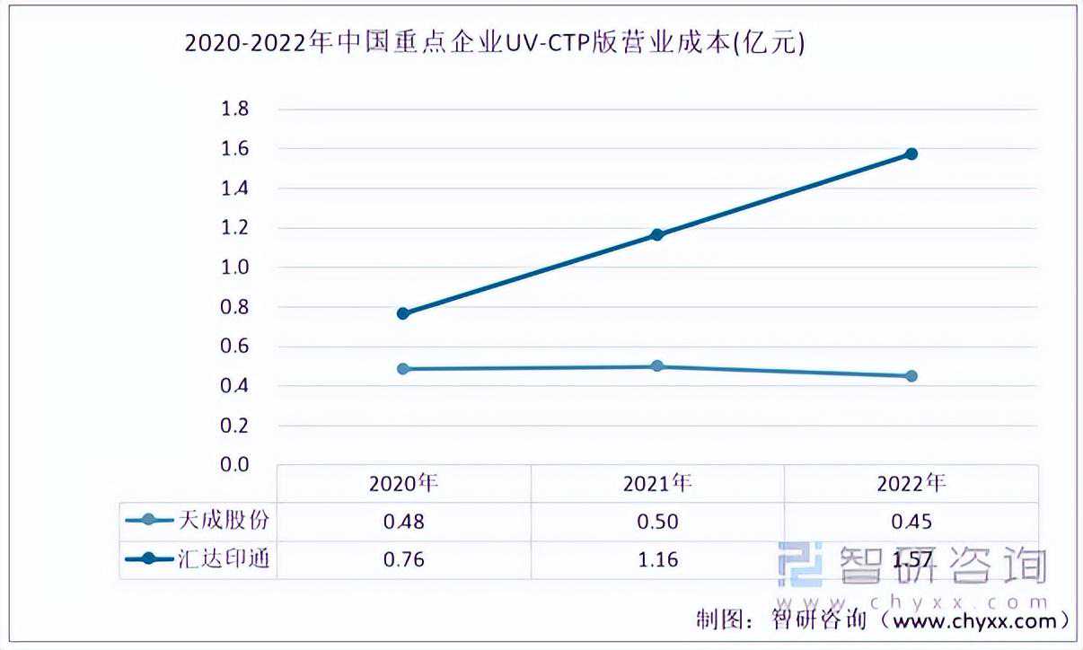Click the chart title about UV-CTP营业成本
pos(495,42)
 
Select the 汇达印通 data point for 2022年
pos(911,154)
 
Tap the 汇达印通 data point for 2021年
pos(657,235)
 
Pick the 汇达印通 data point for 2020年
pos(402,313)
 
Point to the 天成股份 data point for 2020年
pos(402,369)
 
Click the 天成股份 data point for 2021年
pos(657,365)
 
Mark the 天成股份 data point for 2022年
pos(911,376)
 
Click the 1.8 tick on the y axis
pos(235,109)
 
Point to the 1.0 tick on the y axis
pos(235,268)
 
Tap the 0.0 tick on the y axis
pos(235,464)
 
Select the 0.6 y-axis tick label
pos(235,346)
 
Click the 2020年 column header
pos(404,483)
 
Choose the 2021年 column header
pos(657,483)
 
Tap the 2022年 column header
pos(911,483)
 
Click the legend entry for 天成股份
pos(198,521)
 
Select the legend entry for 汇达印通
pos(198,559)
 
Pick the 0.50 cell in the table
pos(657,522)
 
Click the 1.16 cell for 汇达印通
pos(657,559)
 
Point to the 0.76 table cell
pos(404,559)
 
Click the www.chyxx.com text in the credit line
pos(974,621)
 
